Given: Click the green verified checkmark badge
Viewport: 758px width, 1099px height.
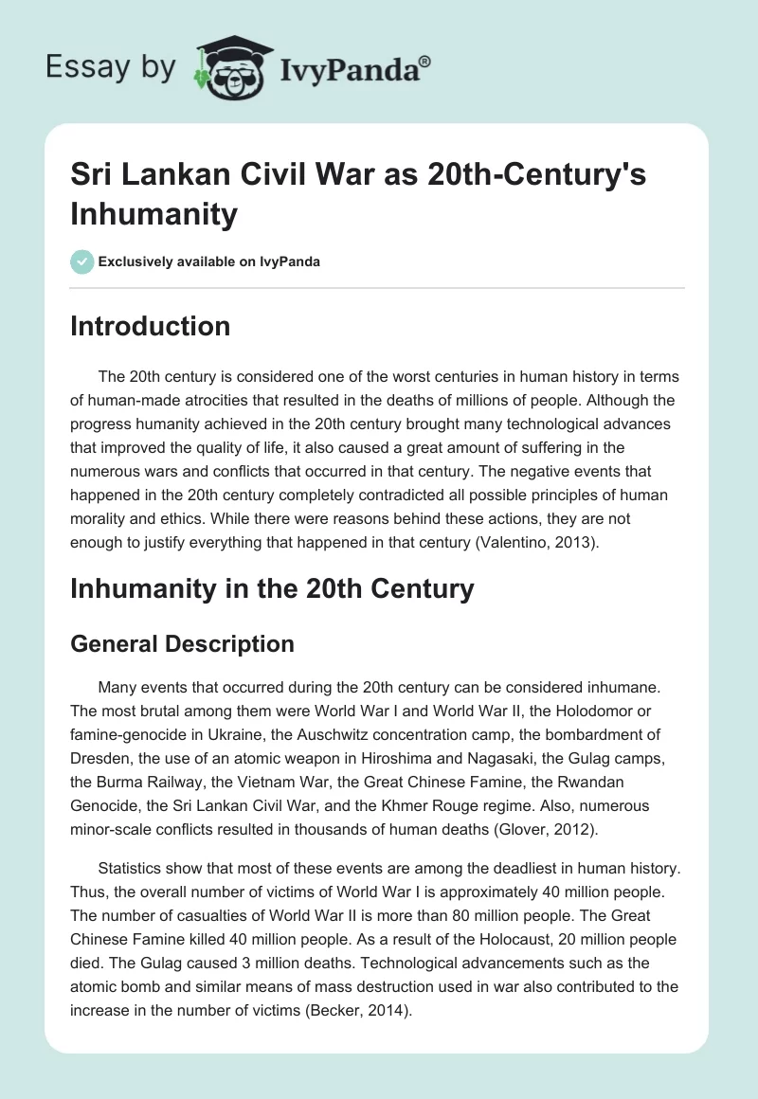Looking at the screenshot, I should click(82, 261).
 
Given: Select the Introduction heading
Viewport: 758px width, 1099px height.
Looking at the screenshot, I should click(151, 326).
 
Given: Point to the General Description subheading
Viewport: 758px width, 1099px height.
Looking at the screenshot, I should click(183, 644).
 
